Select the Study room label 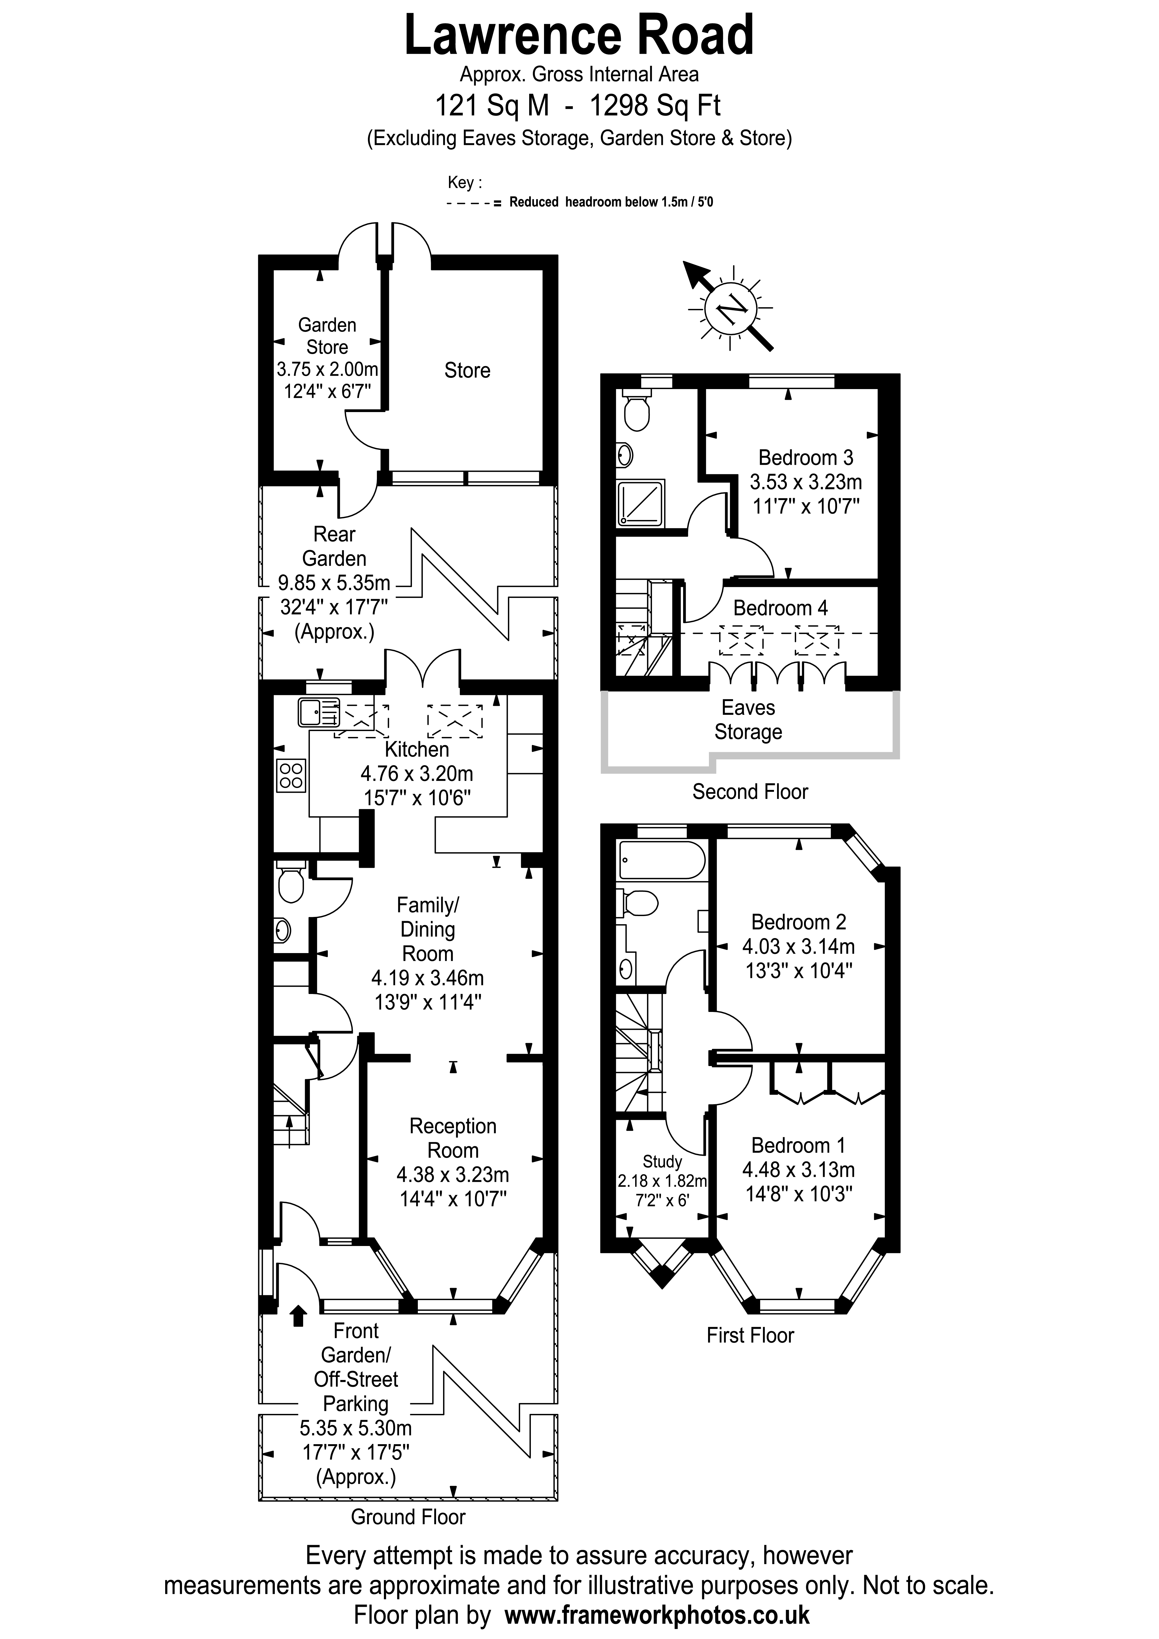point(662,1161)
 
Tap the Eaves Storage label point(748,720)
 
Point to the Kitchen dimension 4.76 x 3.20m point(417,774)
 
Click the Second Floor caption point(750,792)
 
